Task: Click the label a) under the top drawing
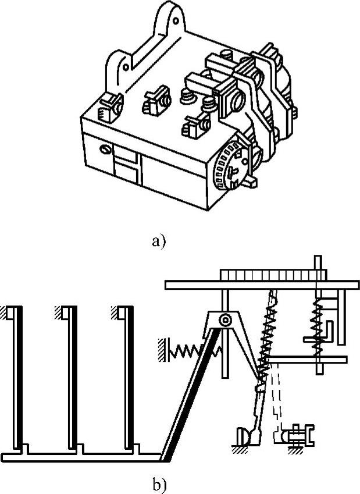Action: (158, 241)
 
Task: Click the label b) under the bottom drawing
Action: (159, 485)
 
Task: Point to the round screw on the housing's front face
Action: (105, 150)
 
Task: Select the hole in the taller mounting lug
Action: (176, 21)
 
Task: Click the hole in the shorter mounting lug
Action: (126, 67)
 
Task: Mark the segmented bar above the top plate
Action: (272, 275)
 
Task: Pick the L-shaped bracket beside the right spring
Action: (319, 332)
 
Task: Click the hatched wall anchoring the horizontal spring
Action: (162, 350)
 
